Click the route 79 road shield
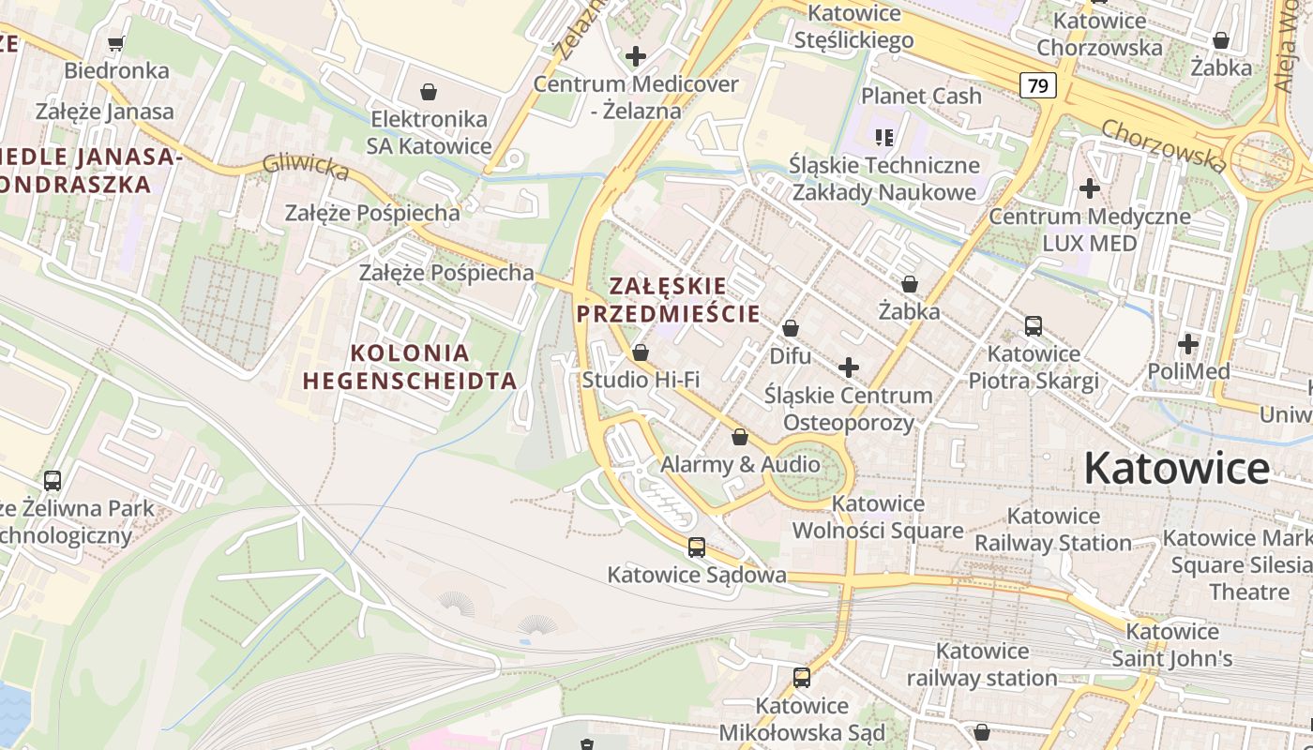pos(1038,86)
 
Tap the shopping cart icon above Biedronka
pos(116,43)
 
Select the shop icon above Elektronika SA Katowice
pos(429,91)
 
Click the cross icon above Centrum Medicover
pos(636,56)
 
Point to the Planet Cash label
pos(921,96)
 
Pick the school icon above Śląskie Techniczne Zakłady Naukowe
pos(883,138)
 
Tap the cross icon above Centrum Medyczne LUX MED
pos(1089,188)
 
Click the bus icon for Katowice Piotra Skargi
pos(1034,326)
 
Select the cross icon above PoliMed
pos(1188,344)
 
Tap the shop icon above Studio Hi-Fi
pos(641,352)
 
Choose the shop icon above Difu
pos(791,328)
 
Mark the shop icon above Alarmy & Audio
pos(740,437)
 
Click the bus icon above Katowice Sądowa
pos(696,547)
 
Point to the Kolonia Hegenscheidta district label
pos(409,367)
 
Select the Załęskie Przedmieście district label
pos(668,300)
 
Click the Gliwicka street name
pos(306,166)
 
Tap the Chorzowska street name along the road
pos(1163,145)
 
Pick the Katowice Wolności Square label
pos(878,517)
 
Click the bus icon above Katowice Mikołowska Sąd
pos(802,677)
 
